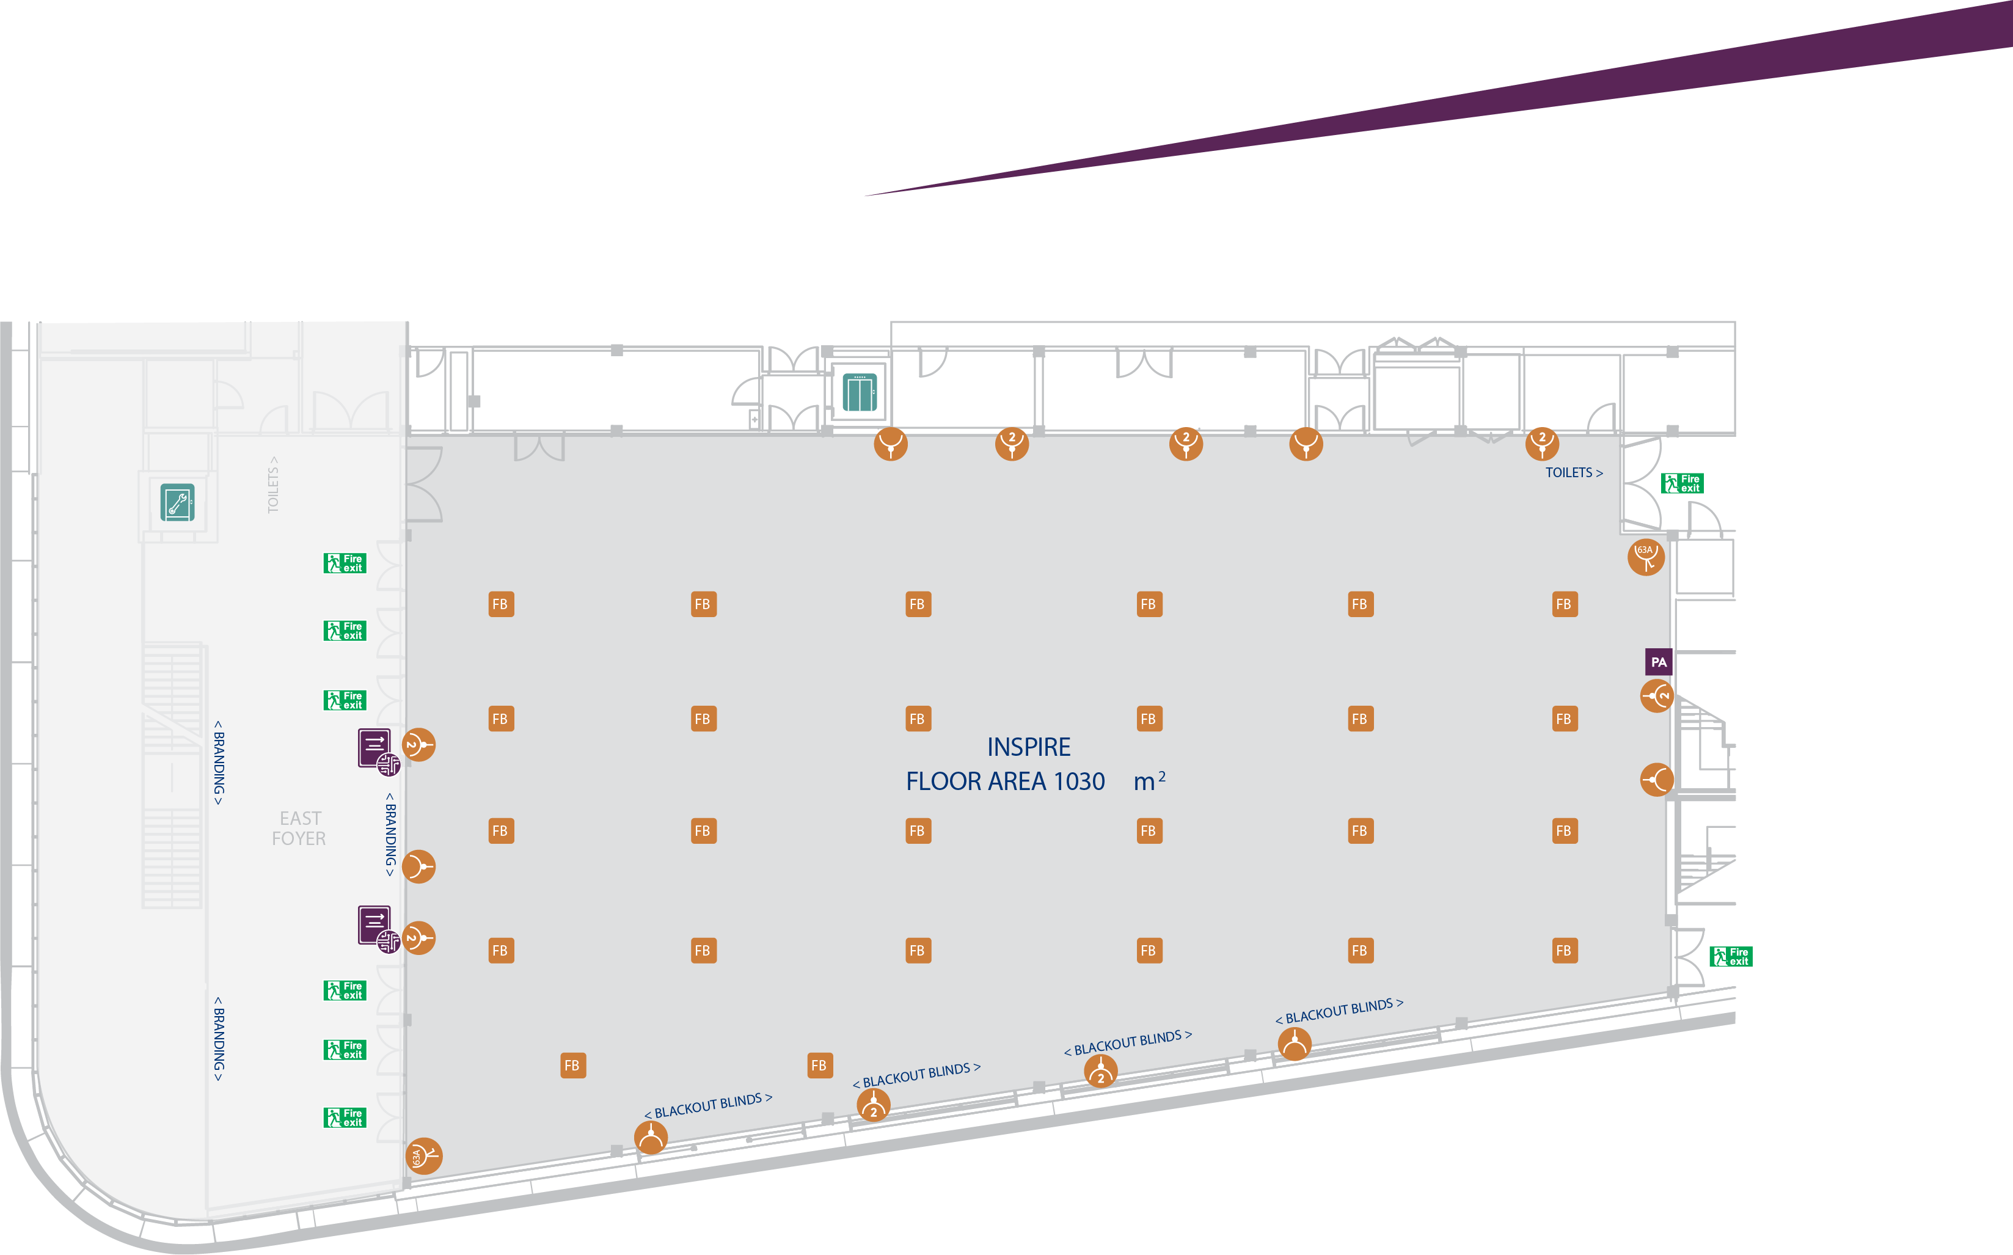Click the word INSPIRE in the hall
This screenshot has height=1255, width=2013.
(1028, 747)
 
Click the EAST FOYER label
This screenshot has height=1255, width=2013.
(299, 829)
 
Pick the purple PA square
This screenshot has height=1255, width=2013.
(1658, 662)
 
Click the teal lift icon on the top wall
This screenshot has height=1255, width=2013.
(860, 393)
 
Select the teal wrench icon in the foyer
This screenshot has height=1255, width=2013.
(178, 502)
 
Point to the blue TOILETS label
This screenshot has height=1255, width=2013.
(1573, 472)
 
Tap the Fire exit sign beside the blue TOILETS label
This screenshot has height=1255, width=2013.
(1682, 483)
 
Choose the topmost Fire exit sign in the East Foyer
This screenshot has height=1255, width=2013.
(345, 563)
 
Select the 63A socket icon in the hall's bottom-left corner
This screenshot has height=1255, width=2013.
(423, 1155)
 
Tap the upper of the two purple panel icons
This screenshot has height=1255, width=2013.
(375, 748)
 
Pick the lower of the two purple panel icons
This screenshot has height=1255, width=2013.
(375, 926)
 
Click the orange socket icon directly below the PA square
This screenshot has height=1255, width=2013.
(1656, 695)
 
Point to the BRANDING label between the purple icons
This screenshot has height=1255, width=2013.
(390, 834)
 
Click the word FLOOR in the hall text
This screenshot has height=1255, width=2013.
(938, 782)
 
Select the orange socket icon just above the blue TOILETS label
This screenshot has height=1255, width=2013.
(1542, 443)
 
